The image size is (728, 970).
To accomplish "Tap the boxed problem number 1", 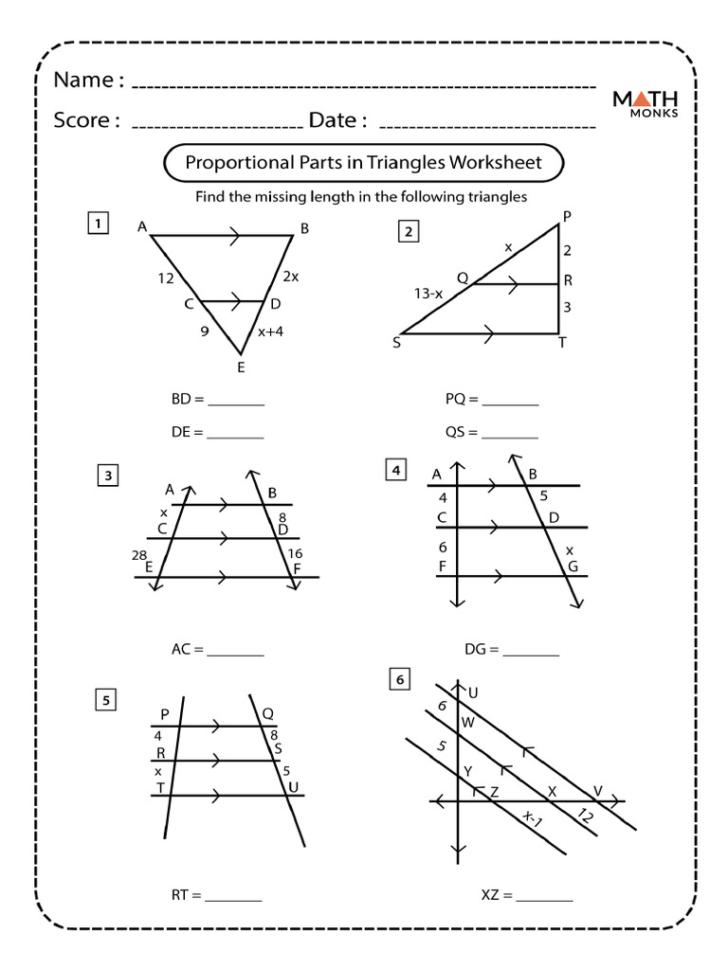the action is [97, 224].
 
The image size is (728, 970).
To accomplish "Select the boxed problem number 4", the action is [395, 469].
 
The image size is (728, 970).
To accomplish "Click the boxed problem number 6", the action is [400, 679].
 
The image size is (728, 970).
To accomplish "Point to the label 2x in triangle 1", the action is [290, 277].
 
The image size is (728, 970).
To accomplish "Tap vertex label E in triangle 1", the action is [241, 368].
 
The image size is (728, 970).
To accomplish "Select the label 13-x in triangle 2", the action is [428, 294].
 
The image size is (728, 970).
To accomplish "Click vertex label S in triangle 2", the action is [396, 343].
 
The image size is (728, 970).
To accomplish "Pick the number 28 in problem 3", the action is [139, 553].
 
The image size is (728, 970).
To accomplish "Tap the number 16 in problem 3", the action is [296, 553].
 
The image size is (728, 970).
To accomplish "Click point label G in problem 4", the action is [573, 566].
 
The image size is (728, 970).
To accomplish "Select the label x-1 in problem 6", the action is [532, 818].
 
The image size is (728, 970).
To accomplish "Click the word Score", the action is [85, 120].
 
